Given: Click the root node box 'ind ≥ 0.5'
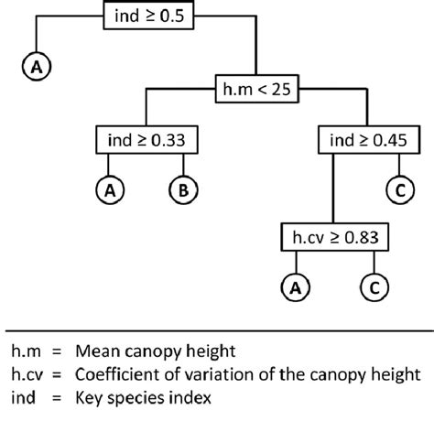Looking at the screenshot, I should pos(147,16).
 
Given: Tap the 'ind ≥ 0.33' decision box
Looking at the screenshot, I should pos(146,141).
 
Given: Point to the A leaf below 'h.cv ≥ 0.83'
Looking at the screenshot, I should pos(295,287).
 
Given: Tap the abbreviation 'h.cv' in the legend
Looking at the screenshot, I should pos(29,374).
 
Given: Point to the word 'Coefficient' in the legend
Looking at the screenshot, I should pos(146,374).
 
